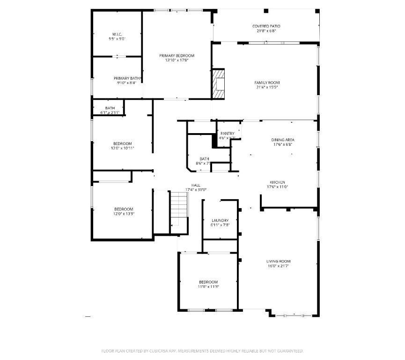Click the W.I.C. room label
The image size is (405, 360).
(x=117, y=34)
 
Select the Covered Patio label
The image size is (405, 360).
(x=266, y=26)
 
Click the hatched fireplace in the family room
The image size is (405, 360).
(x=219, y=84)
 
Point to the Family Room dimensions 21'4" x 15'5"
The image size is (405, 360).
(x=267, y=87)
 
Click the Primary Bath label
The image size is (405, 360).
(x=126, y=78)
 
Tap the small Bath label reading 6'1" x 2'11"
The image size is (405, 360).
(x=110, y=112)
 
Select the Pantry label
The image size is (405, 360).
(x=227, y=134)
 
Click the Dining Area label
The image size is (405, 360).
(x=283, y=140)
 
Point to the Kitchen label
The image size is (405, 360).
(x=277, y=182)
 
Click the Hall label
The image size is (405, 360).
(x=196, y=185)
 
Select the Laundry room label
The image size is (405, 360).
(x=220, y=220)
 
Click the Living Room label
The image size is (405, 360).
(x=279, y=261)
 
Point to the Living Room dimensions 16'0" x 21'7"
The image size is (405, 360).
(x=279, y=266)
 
